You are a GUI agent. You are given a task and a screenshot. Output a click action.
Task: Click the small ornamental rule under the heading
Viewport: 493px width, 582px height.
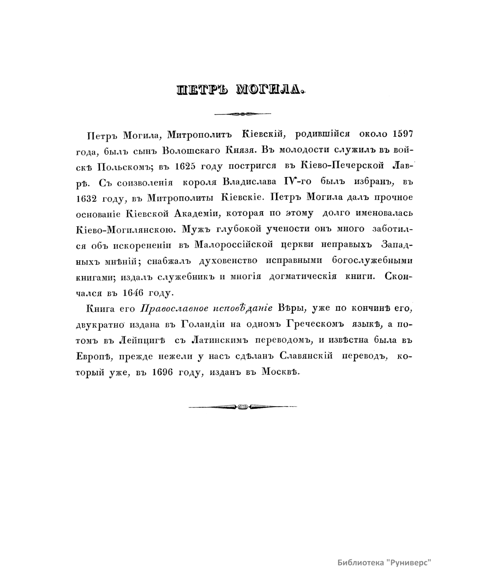coord(242,113)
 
